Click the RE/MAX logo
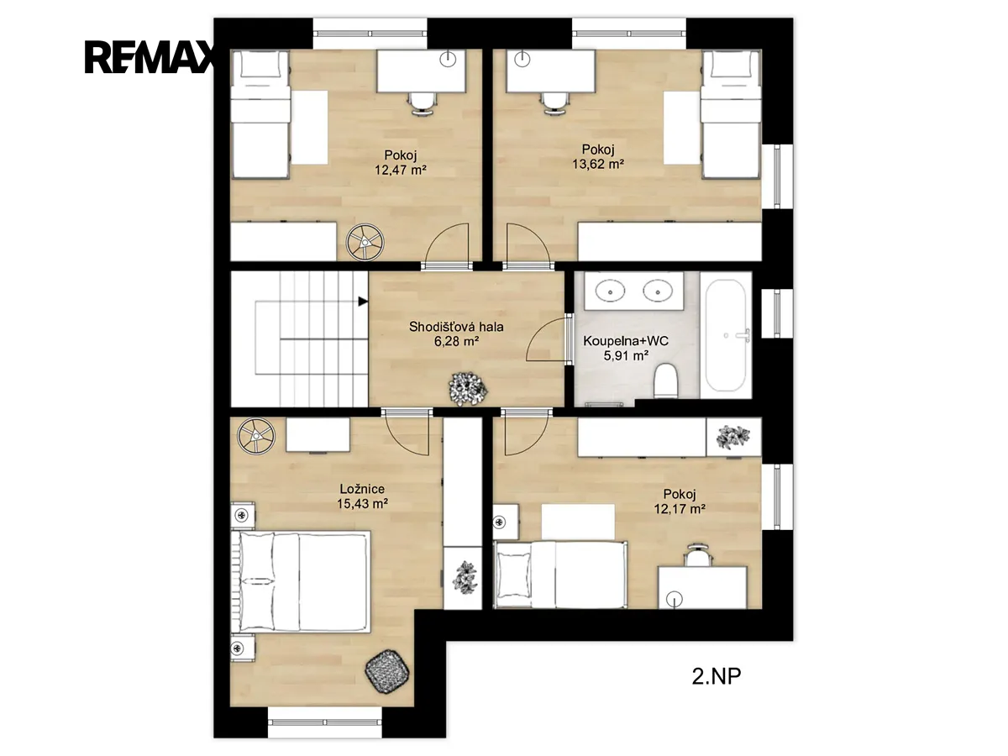tap(150, 57)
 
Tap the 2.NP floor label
tap(716, 676)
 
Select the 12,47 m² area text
tap(401, 171)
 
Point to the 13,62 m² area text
tap(598, 164)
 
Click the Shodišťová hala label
tap(456, 327)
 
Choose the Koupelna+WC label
tap(626, 341)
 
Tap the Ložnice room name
tap(362, 489)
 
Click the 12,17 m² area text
tap(680, 508)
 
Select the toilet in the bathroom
tap(666, 381)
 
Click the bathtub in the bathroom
tap(726, 335)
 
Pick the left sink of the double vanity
tap(611, 291)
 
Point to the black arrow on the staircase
tap(363, 302)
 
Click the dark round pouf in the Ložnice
tap(386, 670)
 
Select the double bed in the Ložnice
tap(301, 581)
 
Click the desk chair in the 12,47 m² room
tap(422, 102)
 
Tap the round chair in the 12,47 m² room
tap(365, 242)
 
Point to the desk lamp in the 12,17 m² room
tap(675, 599)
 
